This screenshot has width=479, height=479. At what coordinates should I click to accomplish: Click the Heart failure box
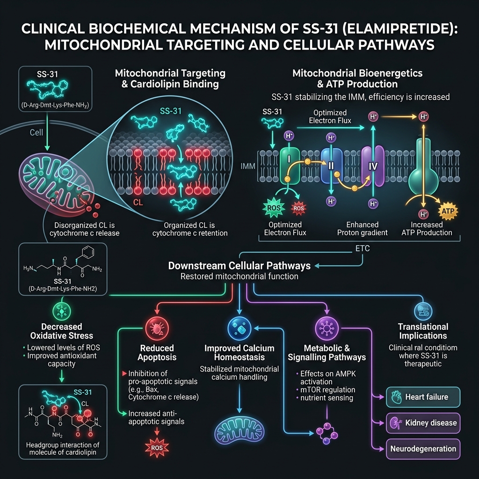click(423, 397)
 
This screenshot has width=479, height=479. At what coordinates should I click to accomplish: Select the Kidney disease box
click(423, 423)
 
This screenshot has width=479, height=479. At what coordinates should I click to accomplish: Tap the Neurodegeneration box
click(423, 449)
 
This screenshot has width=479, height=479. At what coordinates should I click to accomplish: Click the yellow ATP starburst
click(448, 211)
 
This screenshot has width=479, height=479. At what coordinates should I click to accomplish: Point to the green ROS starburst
click(274, 208)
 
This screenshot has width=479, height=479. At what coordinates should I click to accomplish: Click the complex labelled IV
click(373, 166)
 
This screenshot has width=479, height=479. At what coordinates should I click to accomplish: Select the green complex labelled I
click(290, 166)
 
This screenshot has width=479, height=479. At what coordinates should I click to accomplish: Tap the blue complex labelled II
click(332, 166)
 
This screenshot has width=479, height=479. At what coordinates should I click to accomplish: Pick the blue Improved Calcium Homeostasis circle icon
click(239, 329)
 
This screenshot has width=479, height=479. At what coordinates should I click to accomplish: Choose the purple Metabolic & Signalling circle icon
click(327, 329)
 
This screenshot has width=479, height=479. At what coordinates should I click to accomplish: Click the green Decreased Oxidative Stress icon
click(62, 311)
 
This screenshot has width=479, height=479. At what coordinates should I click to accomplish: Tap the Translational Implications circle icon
click(423, 311)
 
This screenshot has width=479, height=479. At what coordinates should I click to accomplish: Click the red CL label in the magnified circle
click(138, 202)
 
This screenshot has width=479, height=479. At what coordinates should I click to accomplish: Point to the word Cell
click(36, 132)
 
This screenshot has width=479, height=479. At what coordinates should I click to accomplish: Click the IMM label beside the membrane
click(248, 167)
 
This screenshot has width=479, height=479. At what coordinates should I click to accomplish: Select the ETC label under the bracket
click(363, 248)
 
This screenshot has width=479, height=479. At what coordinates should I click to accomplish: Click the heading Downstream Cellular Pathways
click(239, 266)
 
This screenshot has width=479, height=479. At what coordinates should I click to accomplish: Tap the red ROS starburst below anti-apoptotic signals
click(157, 448)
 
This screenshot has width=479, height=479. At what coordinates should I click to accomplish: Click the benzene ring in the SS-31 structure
click(87, 252)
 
